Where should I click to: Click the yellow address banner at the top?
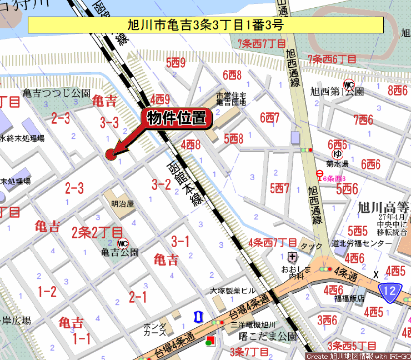tap(205, 25)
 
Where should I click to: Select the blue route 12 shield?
tap(390, 289)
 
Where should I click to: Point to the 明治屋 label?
tap(122, 204)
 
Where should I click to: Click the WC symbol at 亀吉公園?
tap(123, 243)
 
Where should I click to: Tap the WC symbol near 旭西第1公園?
tap(349, 85)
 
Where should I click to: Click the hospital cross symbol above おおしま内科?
tap(293, 257)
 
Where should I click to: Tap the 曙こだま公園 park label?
tap(268, 336)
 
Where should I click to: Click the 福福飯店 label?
tap(349, 298)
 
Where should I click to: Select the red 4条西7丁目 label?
tap(273, 242)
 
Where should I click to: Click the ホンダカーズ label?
tap(154, 329)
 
